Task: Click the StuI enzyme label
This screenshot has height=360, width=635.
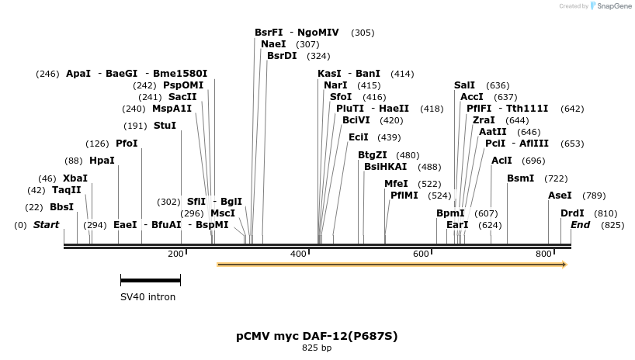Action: (x=165, y=126)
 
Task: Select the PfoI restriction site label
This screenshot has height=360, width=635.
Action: (x=126, y=144)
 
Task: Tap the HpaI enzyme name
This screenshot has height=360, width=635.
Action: (x=102, y=161)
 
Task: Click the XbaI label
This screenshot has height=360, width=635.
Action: (x=75, y=178)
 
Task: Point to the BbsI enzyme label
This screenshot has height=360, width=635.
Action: (x=61, y=207)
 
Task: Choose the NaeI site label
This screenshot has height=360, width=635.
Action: (x=273, y=44)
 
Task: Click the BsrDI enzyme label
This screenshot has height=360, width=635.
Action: (x=282, y=56)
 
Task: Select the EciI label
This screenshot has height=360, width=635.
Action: (x=358, y=137)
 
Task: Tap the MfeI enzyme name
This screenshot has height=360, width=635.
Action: (x=396, y=184)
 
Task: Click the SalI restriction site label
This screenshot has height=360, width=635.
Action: (x=464, y=85)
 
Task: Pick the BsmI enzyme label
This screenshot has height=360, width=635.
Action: (x=520, y=178)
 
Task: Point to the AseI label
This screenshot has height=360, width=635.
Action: (x=560, y=196)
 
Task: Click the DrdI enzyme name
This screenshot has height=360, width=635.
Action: (x=572, y=213)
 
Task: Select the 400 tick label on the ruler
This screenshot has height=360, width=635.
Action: (x=298, y=254)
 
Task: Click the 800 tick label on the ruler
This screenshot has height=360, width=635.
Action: (x=543, y=254)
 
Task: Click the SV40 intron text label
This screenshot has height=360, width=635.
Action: (x=147, y=297)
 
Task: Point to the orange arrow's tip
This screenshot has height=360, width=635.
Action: (x=565, y=265)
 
